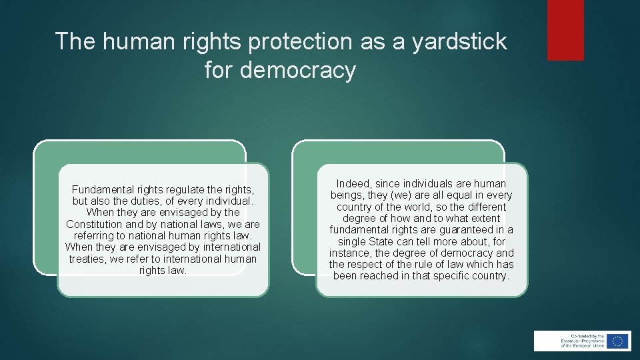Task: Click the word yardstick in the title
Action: (x=459, y=41)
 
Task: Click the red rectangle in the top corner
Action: (x=565, y=30)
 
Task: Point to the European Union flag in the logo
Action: (x=618, y=341)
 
